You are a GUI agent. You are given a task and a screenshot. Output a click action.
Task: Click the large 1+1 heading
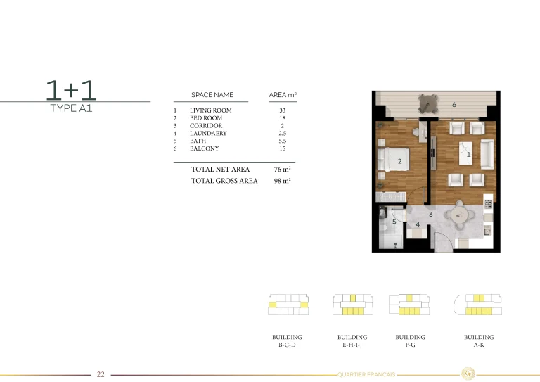pos(71,90)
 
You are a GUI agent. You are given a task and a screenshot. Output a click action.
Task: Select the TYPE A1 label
pos(71,109)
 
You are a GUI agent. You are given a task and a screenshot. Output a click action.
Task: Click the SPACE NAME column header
pos(212,95)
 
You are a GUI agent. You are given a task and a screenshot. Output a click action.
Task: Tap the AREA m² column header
pos(283,95)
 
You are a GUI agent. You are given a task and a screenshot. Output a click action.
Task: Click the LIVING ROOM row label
pos(210,110)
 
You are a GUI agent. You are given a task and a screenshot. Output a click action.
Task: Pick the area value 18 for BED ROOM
pos(282,118)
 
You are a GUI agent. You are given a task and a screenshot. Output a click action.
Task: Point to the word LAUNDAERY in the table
pos(208,134)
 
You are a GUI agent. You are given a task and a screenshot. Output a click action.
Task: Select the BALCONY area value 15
pos(282,149)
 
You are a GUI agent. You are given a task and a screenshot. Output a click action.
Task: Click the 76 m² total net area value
pos(282,170)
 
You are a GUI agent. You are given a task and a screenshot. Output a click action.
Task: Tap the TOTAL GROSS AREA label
pos(224,181)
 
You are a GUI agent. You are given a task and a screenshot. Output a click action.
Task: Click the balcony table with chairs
pos(426,104)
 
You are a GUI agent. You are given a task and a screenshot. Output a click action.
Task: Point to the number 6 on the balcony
pos(454,105)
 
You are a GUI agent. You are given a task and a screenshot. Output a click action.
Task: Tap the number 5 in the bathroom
pos(394,222)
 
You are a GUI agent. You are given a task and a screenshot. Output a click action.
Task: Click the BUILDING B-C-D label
pos(287,341)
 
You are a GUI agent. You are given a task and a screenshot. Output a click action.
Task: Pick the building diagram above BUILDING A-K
pos(479,304)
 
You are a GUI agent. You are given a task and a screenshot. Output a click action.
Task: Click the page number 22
pos(101,374)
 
